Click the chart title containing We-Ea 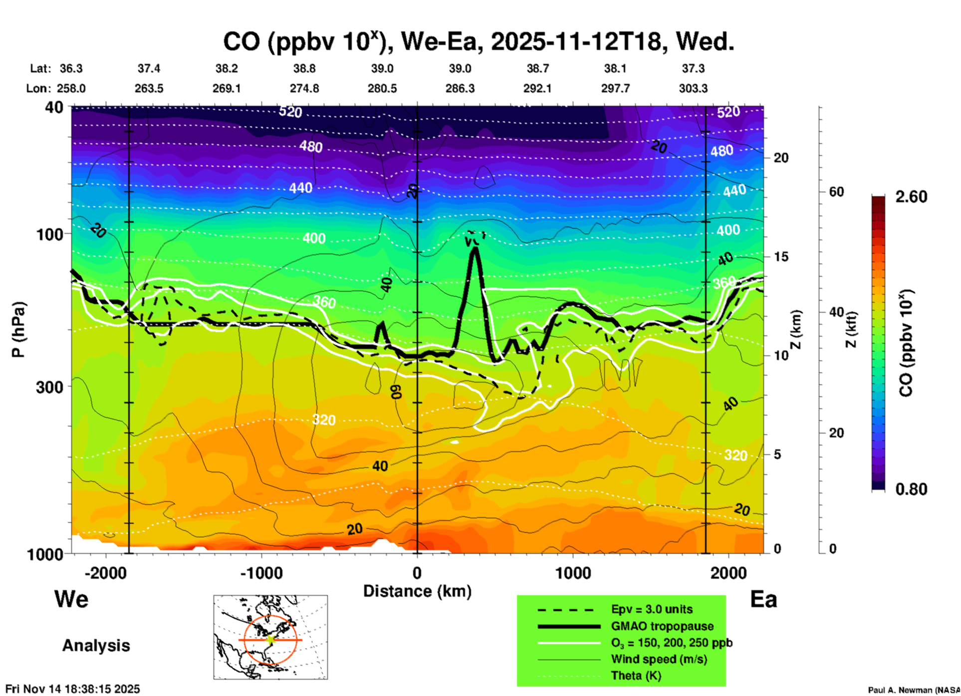478,42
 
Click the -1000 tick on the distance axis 261,573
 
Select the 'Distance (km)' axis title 417,591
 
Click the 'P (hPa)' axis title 18,330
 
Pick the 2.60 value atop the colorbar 911,197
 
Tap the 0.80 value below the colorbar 911,489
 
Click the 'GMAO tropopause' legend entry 662,626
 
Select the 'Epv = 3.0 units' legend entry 652,610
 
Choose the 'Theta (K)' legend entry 636,676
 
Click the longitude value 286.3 460,88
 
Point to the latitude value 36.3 71,68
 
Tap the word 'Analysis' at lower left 96,646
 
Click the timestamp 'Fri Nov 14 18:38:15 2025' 73,689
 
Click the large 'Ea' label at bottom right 763,600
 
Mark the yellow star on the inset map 270,640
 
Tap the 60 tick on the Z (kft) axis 836,192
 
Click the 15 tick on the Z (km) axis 781,257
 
